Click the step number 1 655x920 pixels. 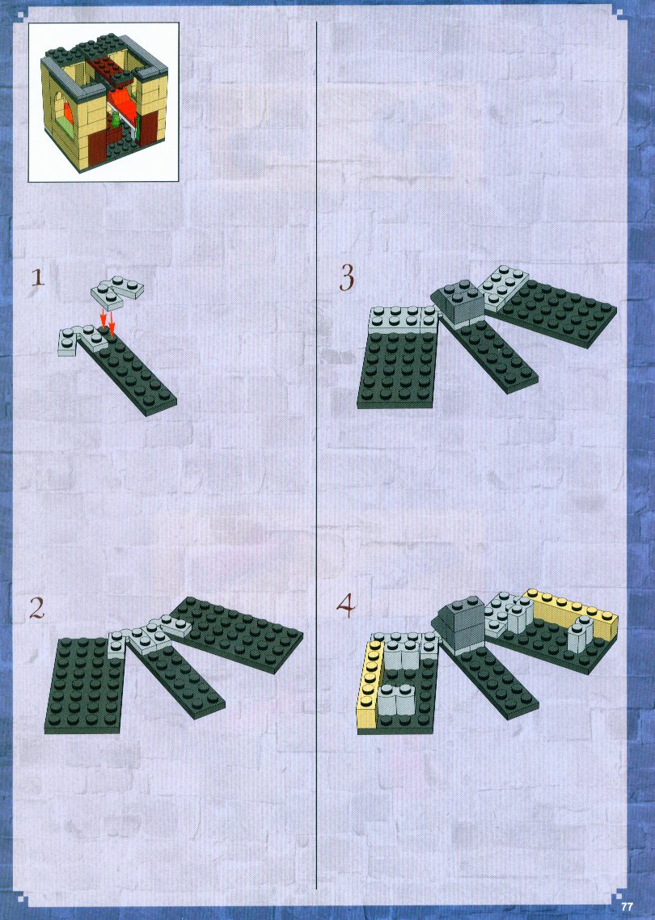click(x=37, y=277)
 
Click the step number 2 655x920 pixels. click(x=37, y=609)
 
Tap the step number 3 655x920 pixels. click(x=347, y=277)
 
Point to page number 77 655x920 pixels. click(x=628, y=906)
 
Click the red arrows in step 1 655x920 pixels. click(x=107, y=319)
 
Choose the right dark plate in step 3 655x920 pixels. click(x=551, y=313)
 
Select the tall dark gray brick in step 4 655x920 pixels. click(x=460, y=624)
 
